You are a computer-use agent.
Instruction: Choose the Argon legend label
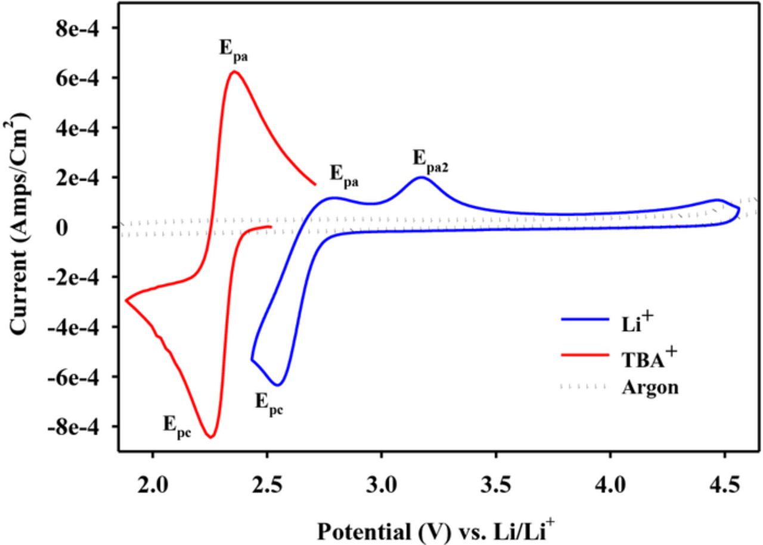pyautogui.click(x=650, y=387)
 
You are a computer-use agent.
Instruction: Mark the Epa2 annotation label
pyautogui.click(x=430, y=159)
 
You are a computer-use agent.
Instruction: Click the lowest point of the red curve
pyautogui.click(x=211, y=437)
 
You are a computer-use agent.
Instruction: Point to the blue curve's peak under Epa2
pyautogui.click(x=421, y=177)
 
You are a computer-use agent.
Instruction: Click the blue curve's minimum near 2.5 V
pyautogui.click(x=277, y=385)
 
